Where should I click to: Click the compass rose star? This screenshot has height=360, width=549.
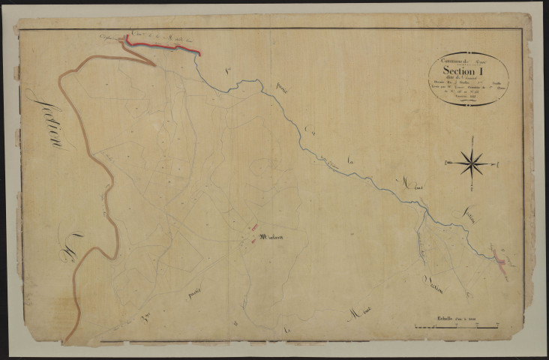[472, 162]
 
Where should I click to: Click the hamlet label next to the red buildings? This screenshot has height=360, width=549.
[272, 238]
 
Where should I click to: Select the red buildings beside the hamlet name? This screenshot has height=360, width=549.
[254, 229]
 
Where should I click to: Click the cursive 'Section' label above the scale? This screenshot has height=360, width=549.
[436, 282]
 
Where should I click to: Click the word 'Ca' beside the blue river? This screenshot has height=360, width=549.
[310, 133]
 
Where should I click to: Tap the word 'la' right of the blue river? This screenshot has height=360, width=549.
[354, 159]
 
